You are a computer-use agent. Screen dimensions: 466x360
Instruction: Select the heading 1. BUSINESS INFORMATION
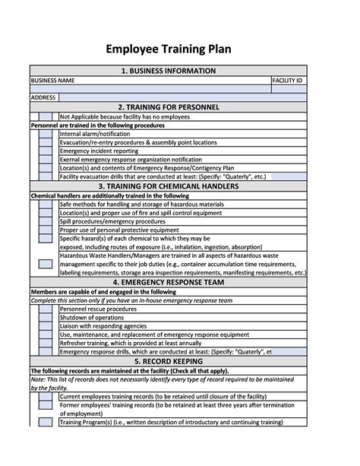coord(169,71)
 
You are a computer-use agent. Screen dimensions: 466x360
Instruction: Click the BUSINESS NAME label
coord(52,80)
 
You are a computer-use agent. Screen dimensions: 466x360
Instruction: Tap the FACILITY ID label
coord(289,80)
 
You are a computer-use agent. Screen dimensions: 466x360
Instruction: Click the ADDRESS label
coord(43,97)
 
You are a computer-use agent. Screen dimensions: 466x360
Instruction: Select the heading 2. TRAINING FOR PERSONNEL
coord(169,107)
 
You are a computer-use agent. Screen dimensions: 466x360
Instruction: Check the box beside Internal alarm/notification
coord(46,134)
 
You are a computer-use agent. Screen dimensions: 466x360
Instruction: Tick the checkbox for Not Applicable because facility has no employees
coord(46,116)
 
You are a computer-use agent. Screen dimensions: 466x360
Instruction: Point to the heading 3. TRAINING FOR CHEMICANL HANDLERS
coord(169,186)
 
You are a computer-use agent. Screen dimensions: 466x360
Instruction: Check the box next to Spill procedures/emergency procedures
coord(46,221)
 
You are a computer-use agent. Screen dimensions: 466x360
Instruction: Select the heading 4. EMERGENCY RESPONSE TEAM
coord(169,283)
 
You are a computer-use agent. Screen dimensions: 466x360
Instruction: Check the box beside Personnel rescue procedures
coord(46,309)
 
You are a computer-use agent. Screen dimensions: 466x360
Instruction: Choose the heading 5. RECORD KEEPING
coord(169,361)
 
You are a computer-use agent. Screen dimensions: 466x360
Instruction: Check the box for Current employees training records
coord(46,396)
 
